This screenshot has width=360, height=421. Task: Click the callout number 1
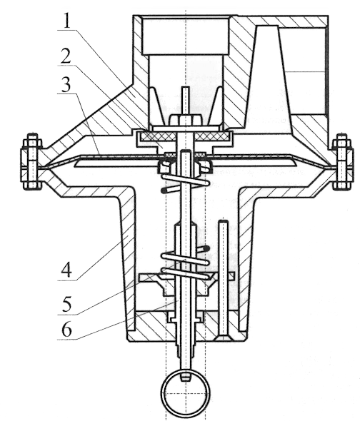pos(67,21)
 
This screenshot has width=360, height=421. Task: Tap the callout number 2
pos(66,56)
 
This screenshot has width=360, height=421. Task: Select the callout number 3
pos(66,84)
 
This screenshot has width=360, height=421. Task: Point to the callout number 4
pos(66,270)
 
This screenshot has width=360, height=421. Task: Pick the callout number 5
pos(67,304)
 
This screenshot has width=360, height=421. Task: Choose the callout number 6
pos(67,330)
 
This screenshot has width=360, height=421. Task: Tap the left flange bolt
pos(32,161)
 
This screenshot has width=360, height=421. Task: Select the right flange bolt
pos(342,161)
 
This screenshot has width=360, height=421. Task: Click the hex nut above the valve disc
pos(186,120)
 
